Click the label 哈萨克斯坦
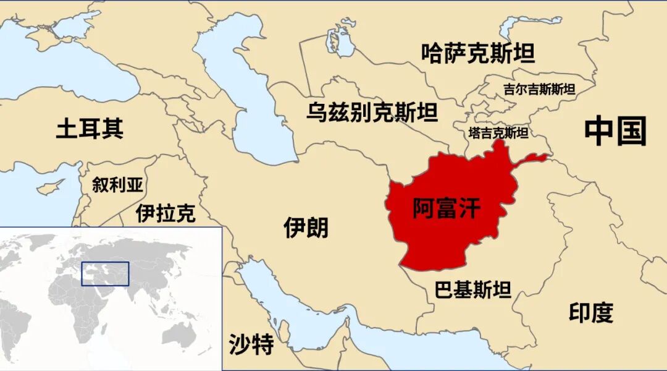[478, 54]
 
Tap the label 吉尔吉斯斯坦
[539, 89]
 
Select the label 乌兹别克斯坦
[372, 113]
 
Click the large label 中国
[615, 131]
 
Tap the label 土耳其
[90, 129]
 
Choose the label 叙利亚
[117, 184]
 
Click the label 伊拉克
[166, 213]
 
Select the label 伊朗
[306, 228]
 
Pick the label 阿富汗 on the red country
[446, 208]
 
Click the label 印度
[591, 313]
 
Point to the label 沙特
[251, 344]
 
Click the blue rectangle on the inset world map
[106, 273]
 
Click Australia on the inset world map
[179, 335]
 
